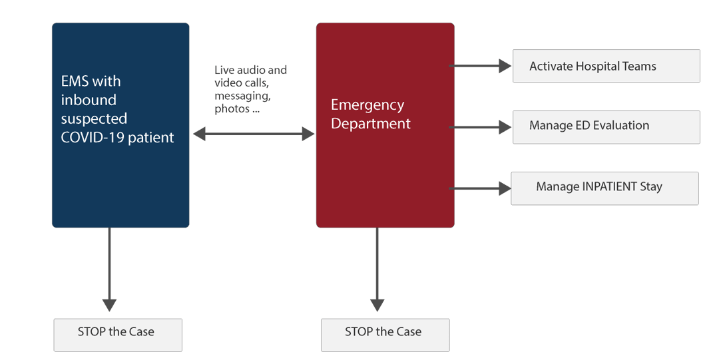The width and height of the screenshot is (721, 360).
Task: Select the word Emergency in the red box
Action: tap(367, 105)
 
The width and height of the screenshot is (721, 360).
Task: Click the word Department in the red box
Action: tap(371, 124)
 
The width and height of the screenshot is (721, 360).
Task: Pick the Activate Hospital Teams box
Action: tap(606, 67)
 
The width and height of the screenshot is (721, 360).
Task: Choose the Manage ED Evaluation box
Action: tap(606, 126)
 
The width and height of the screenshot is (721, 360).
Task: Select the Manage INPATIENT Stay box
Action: tap(604, 188)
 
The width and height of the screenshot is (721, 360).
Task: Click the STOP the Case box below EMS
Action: tap(117, 334)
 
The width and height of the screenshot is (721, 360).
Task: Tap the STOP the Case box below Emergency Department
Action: tap(385, 334)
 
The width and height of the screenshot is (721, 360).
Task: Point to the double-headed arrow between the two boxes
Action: tap(254, 135)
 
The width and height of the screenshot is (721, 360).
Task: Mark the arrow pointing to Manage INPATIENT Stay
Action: tap(480, 189)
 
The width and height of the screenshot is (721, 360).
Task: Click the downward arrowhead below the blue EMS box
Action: tap(109, 304)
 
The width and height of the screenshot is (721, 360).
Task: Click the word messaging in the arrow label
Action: tap(242, 96)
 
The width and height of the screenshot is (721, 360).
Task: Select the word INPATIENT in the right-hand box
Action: tap(609, 186)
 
